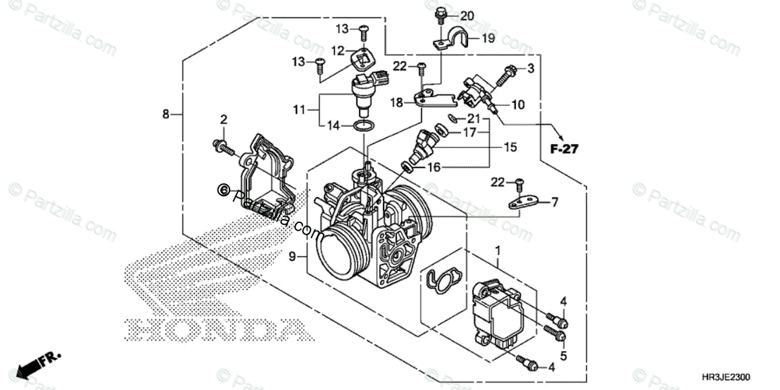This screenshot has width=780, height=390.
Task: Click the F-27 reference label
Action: [x=564, y=149]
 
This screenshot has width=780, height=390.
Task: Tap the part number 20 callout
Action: [x=467, y=16]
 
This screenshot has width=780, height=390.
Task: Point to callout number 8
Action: [x=166, y=114]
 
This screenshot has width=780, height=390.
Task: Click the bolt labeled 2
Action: [x=222, y=148]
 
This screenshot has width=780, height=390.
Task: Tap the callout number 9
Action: [x=292, y=257]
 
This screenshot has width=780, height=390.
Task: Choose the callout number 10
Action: [x=517, y=104]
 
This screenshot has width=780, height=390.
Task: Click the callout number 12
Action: [x=337, y=50]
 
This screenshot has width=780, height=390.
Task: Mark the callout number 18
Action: [x=396, y=102]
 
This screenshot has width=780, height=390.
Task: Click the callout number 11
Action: [x=298, y=110]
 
